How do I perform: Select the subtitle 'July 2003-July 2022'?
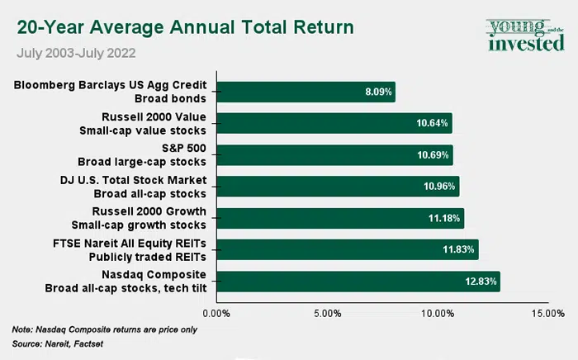[76, 54]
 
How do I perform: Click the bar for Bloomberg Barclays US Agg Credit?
[306, 92]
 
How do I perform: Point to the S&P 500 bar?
[334, 154]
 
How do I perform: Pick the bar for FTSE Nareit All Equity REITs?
[347, 249]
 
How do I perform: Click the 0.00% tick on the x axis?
[216, 314]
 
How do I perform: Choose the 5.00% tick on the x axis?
[327, 314]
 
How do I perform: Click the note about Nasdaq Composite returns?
[105, 329]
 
